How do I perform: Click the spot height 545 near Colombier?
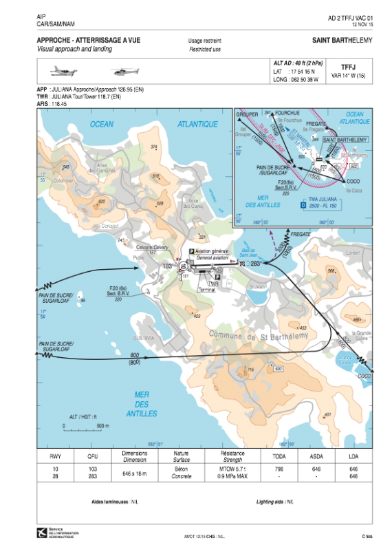coord(66,167)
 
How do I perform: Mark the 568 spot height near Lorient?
coord(331,270)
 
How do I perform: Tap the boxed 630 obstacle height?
coord(279,369)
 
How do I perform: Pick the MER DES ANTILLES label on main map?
coord(142,404)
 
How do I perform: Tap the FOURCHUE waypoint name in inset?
coord(287,112)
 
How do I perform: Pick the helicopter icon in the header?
coord(126,70)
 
